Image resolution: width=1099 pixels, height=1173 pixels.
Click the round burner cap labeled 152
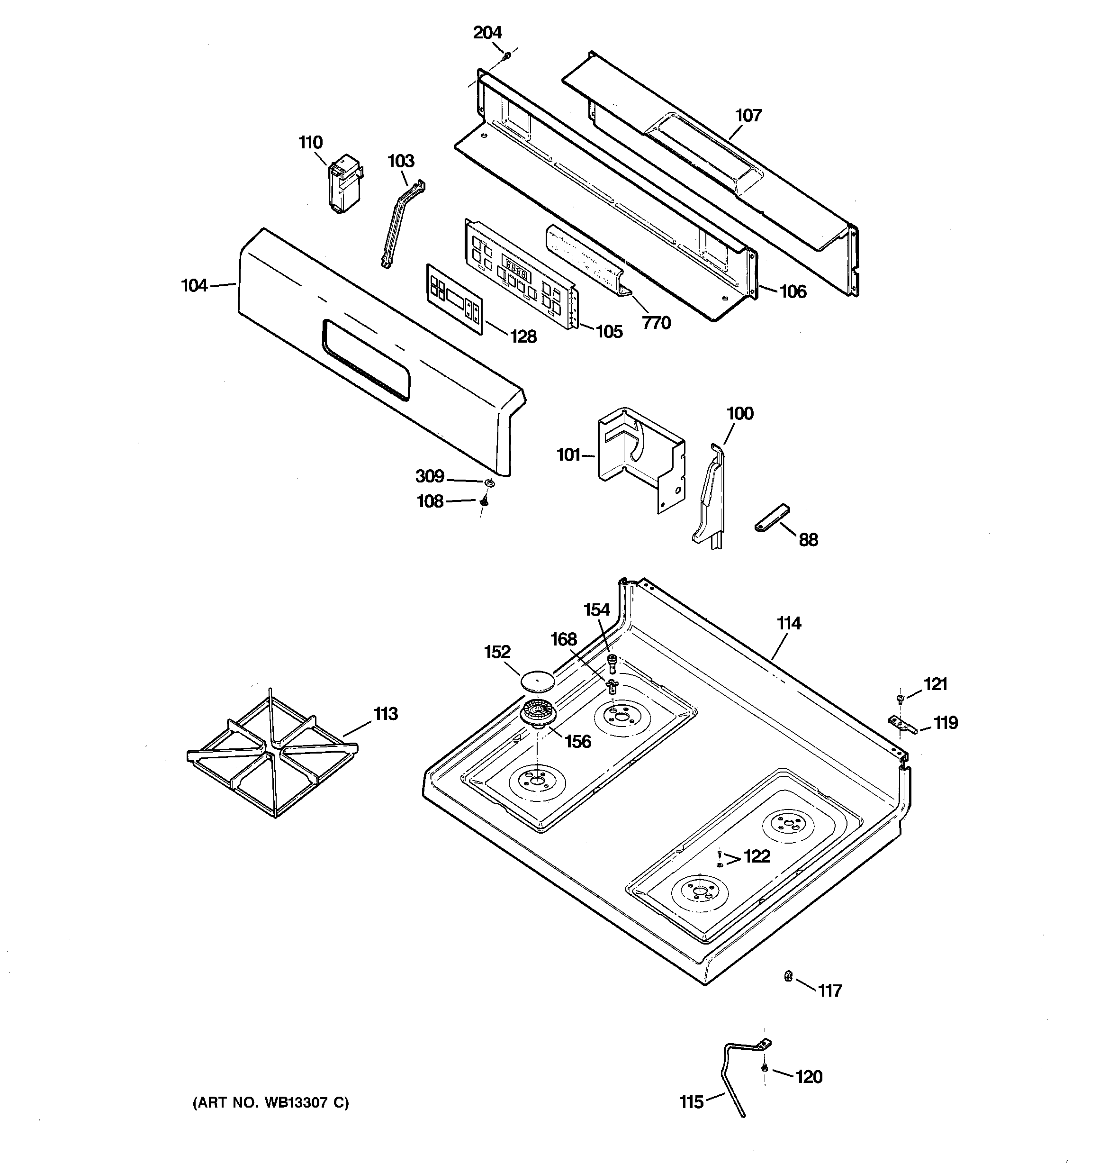point(537,681)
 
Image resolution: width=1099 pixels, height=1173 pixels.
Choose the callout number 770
point(656,323)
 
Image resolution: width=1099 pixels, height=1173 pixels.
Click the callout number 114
point(789,623)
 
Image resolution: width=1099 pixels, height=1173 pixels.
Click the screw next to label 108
point(484,501)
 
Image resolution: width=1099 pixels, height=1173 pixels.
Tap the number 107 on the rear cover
point(748,115)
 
